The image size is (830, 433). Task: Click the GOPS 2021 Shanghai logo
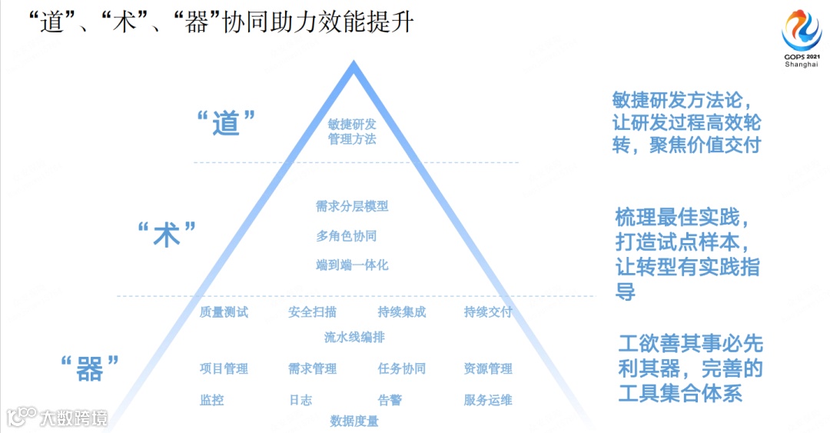point(802,38)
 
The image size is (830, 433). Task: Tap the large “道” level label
point(226,123)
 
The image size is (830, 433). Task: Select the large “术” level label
point(168,235)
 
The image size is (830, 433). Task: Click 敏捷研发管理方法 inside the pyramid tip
point(352,132)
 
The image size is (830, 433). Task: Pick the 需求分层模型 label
point(352,206)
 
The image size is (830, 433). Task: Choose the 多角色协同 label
point(347,236)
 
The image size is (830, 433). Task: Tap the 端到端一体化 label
point(352,265)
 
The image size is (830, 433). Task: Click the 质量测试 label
point(224,312)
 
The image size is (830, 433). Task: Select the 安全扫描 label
point(312,312)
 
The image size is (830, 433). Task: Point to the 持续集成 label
point(401,312)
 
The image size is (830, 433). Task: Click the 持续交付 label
point(488,312)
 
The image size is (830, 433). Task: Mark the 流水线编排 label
point(354,337)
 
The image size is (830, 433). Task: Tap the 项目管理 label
point(224,369)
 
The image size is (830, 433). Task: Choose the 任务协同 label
point(401,369)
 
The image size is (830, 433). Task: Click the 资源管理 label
point(488,369)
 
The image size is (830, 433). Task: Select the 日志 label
point(300,400)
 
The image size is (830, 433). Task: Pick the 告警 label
point(390,400)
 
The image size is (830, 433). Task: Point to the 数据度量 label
point(354,421)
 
